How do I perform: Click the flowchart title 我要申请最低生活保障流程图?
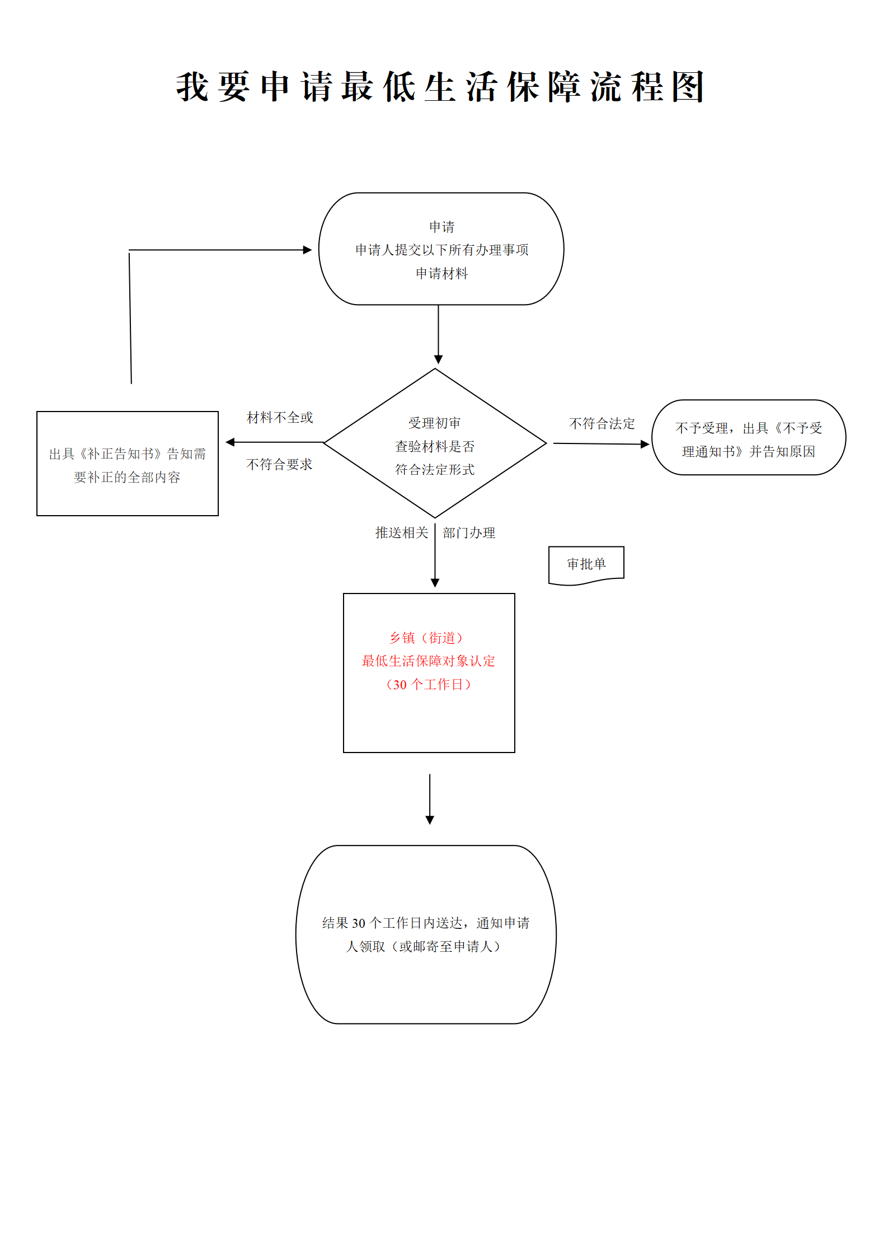pos(440,87)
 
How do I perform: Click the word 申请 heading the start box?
pos(441,227)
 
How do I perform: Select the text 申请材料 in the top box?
pos(441,273)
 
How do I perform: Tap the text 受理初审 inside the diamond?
pos(435,423)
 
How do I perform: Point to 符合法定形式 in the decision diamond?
pos(435,469)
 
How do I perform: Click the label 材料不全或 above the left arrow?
pos(280,417)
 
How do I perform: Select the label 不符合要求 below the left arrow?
pos(279,464)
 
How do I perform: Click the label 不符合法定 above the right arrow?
pos(602,423)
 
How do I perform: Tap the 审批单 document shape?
pos(586,564)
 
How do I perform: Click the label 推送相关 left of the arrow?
pos(402,532)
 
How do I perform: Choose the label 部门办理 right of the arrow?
pos(469,532)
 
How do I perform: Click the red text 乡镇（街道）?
pos(426,638)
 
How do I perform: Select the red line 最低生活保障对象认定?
pos(428,661)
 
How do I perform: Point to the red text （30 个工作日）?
pos(428,684)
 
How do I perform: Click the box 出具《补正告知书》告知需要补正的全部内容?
pos(128,464)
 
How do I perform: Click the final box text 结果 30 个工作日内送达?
pos(426,923)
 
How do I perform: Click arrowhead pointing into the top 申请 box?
pos(307,250)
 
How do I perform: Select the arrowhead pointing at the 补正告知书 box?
pos(230,442)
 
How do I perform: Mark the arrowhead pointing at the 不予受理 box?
pos(645,444)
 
